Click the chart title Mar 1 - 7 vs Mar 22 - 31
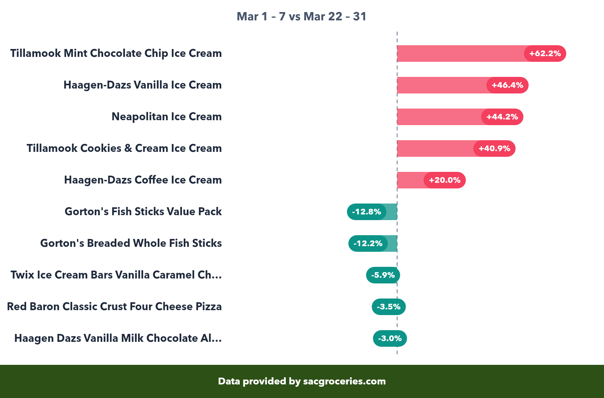pos(301,17)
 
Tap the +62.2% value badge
pos(545,54)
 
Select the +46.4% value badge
pos(507,85)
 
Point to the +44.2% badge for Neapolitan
pos(502,117)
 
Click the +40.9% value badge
pos(494,148)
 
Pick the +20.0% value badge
pos(444,180)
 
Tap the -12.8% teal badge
pos(367,212)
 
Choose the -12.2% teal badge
pos(368,243)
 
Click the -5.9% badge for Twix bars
pos(383,275)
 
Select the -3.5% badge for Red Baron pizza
pos(388,307)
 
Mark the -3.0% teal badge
pos(390,338)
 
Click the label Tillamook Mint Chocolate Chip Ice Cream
pos(116,54)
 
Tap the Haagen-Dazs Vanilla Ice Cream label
pos(142,85)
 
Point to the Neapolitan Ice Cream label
pos(166,117)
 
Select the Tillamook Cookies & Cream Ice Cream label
pos(124,148)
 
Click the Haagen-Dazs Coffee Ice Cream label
pos(143,180)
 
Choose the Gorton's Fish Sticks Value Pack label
pos(143,212)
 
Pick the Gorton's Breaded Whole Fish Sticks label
pos(131,243)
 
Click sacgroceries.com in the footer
pos(344,381)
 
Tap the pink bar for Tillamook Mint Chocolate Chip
pos(461,54)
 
